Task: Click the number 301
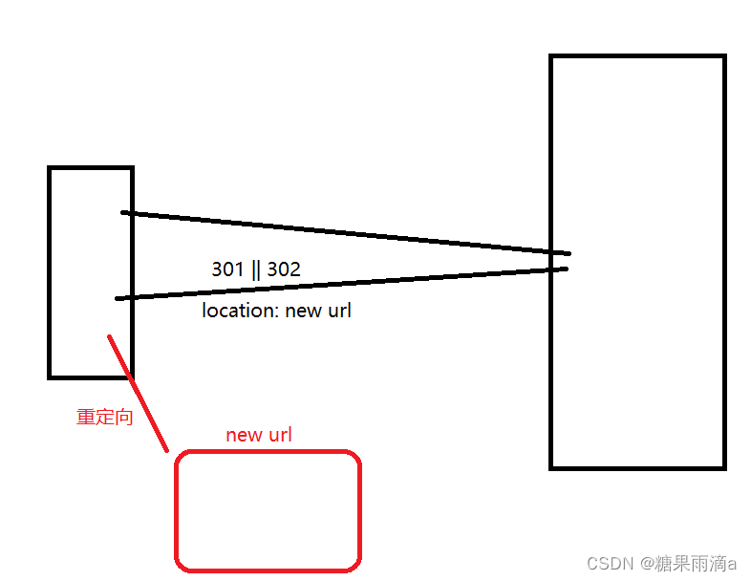(x=227, y=269)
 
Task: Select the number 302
(x=284, y=269)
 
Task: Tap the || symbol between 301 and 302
(x=255, y=269)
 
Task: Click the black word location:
(x=241, y=311)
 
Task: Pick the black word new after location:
(x=304, y=311)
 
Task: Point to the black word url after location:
(x=339, y=311)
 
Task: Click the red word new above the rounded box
(x=243, y=435)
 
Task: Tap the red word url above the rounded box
(x=279, y=435)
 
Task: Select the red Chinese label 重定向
(x=104, y=417)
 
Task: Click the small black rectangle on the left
(x=91, y=272)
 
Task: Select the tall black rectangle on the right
(x=637, y=262)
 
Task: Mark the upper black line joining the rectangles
(x=344, y=232)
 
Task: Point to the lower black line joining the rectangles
(x=344, y=284)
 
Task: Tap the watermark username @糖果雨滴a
(x=688, y=563)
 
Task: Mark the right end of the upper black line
(x=569, y=253)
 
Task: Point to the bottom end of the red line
(x=166, y=449)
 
